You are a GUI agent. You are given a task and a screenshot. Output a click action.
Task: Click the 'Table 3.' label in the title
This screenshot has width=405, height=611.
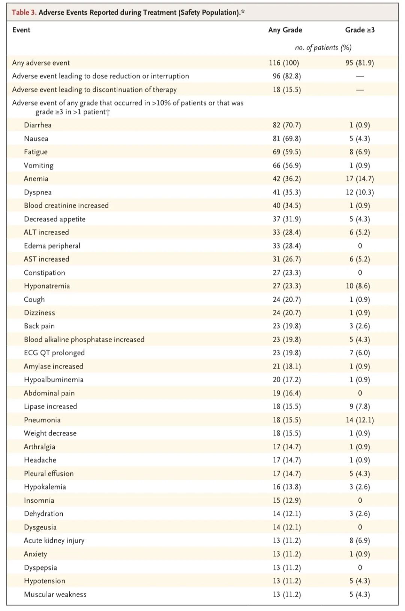(24, 12)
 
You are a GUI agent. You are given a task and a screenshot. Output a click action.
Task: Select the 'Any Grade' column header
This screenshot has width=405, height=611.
(285, 30)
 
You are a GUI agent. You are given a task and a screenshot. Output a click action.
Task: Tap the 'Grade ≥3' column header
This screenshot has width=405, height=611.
(360, 30)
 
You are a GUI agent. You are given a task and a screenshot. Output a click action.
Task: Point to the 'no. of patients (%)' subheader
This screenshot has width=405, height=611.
(323, 48)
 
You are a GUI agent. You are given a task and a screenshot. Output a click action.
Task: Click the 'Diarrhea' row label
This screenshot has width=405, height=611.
(37, 125)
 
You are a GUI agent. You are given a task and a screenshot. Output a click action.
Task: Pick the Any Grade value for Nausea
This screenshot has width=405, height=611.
(287, 139)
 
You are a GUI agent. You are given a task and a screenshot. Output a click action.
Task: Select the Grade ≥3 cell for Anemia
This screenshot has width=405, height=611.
(360, 179)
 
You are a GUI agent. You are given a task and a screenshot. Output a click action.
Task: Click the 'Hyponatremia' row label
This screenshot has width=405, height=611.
(47, 286)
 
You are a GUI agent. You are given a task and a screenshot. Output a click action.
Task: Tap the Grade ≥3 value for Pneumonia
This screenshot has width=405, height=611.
(360, 420)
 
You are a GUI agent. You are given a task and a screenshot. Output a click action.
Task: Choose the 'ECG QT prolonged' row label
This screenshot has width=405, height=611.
(54, 353)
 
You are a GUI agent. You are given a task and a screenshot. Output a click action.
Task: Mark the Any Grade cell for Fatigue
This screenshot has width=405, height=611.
(287, 152)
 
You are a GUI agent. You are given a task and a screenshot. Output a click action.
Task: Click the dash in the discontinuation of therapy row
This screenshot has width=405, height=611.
(360, 90)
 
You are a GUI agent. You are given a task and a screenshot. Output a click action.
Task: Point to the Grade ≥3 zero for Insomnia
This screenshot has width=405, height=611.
(360, 500)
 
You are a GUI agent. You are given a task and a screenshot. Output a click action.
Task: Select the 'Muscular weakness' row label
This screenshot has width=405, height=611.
(55, 595)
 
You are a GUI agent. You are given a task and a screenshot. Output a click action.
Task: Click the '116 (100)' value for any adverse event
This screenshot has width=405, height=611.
(284, 63)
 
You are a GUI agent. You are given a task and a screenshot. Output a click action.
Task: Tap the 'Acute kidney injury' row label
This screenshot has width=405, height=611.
(54, 541)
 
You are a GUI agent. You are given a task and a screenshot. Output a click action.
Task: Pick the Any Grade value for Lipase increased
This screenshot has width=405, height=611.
(287, 407)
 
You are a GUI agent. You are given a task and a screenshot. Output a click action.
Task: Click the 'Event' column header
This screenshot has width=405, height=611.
(21, 30)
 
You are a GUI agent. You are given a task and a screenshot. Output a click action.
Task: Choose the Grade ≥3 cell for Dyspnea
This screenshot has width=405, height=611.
(360, 193)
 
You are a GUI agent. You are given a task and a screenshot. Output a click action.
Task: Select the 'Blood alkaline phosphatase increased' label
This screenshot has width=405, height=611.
(84, 340)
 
